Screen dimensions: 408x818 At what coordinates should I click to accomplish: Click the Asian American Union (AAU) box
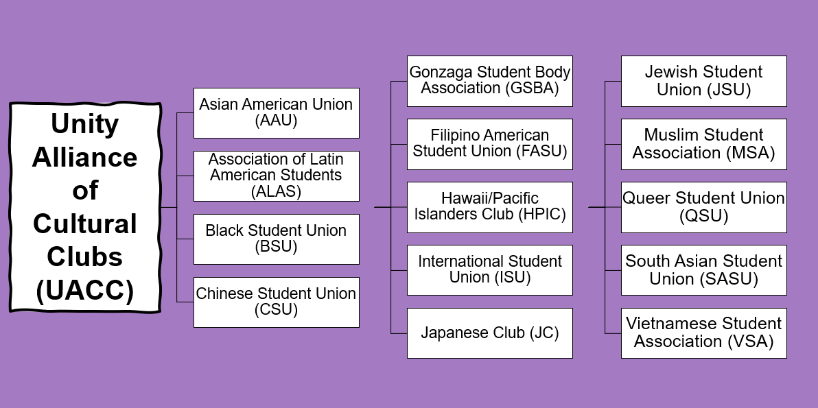[276, 112]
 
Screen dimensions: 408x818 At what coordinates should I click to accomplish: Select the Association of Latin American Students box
[276, 176]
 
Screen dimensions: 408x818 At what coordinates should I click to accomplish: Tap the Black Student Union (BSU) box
[276, 239]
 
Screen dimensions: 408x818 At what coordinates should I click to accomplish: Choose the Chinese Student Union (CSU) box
[276, 302]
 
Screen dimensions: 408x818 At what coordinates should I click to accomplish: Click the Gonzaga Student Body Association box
[489, 81]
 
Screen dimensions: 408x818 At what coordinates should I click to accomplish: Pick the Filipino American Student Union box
[489, 144]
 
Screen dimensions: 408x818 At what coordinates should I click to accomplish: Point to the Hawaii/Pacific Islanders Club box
[489, 207]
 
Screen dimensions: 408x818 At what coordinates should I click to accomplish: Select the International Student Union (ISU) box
[489, 270]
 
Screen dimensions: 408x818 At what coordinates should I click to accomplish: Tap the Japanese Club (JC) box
[489, 333]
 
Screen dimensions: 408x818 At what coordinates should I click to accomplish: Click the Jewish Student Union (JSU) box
[703, 81]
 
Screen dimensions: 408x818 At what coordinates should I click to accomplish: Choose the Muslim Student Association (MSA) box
[703, 144]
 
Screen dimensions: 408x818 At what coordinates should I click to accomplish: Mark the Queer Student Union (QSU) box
[703, 207]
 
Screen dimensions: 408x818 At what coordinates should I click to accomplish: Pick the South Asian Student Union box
[703, 270]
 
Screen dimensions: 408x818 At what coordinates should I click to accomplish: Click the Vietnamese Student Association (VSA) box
[703, 333]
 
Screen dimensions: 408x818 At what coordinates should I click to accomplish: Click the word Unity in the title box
[85, 124]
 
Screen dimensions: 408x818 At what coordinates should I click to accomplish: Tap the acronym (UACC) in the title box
[85, 291]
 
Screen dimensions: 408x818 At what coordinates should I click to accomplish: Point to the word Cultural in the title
[85, 224]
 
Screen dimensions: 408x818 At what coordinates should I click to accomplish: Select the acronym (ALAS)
[276, 191]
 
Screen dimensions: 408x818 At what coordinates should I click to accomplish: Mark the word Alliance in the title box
[85, 158]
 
